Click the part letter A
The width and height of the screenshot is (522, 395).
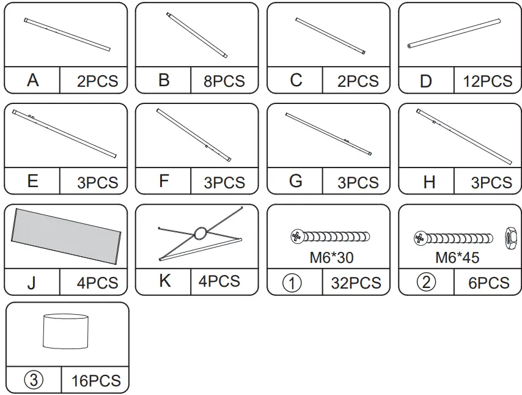33,80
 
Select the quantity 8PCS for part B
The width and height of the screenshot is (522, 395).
224,81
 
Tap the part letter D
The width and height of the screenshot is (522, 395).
426,81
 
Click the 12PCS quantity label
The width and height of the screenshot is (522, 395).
487,81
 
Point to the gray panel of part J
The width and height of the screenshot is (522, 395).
65,235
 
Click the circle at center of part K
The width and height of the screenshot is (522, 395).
200,233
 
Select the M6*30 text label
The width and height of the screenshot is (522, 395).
331,257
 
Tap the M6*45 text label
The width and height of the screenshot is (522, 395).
457,257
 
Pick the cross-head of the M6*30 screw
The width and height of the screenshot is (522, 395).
297,235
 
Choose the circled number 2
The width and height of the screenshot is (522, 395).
427,282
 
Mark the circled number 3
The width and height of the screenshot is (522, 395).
34,380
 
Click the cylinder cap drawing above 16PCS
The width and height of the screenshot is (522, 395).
67,332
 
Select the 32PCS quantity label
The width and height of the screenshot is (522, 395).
356,283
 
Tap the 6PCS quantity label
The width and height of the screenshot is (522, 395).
487,283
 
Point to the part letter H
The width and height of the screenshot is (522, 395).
429,182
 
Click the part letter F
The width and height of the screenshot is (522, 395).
163,182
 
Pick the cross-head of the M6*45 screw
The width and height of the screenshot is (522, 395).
420,237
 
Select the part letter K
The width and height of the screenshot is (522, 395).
164,281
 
